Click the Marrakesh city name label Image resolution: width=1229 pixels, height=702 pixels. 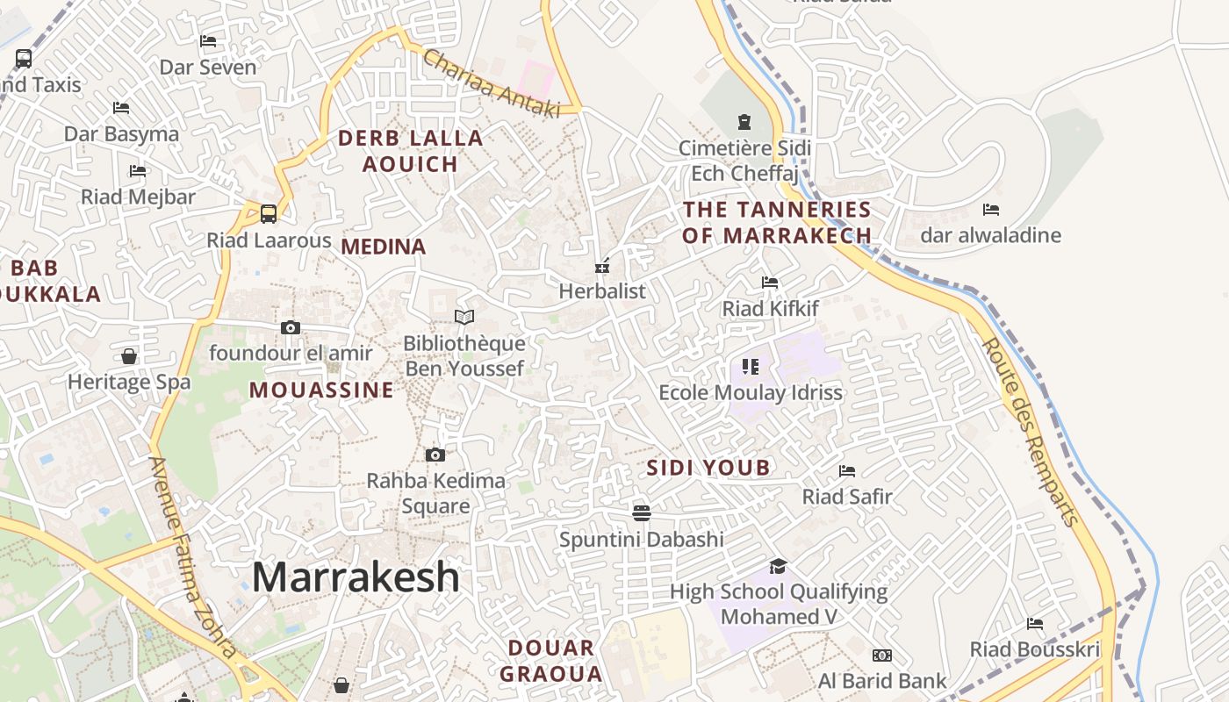[356, 577]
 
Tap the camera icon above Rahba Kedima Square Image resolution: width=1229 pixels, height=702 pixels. [435, 455]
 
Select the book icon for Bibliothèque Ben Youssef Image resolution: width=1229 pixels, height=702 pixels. [464, 317]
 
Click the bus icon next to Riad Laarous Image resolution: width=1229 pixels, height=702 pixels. [269, 213]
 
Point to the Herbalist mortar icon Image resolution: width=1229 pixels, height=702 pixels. [602, 265]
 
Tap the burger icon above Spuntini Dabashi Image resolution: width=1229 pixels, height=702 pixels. [642, 512]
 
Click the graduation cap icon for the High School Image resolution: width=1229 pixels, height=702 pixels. [778, 566]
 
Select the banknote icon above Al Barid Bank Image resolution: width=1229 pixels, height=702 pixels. [882, 655]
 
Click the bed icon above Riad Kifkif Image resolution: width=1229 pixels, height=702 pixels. [770, 283]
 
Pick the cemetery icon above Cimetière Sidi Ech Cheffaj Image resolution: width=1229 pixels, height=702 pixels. [744, 122]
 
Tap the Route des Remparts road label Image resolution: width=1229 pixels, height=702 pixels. [1030, 432]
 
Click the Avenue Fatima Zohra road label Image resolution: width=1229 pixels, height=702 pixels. [193, 557]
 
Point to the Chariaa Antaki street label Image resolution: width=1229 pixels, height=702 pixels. [491, 83]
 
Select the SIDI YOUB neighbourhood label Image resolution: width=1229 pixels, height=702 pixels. [708, 468]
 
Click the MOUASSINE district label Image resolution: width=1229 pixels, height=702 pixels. [321, 390]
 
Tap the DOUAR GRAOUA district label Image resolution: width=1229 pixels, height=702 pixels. [555, 661]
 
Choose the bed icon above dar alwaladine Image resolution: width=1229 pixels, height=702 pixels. [991, 210]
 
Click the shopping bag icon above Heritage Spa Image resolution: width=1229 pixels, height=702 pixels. [129, 356]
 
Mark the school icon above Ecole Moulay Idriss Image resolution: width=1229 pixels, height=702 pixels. [750, 366]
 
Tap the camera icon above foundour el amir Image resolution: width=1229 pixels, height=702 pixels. [291, 328]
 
